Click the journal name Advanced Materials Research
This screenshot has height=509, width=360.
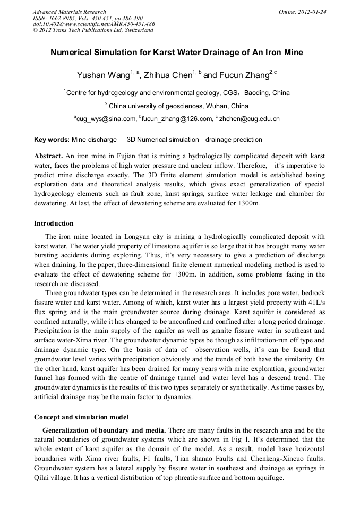[x=69, y=12]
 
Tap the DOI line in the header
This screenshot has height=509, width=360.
[x=94, y=24]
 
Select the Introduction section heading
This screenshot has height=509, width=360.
[x=54, y=223]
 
